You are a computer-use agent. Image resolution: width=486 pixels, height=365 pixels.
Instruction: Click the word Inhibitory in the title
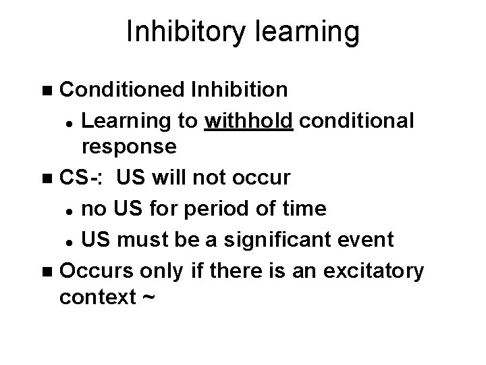(x=182, y=32)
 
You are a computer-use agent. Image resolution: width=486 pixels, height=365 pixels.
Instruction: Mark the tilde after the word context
(x=150, y=297)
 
